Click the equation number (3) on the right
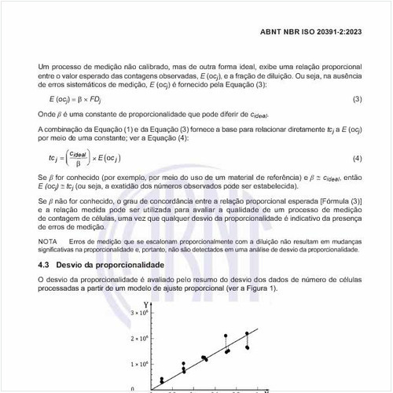pos(356,99)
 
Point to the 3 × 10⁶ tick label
pos(138,314)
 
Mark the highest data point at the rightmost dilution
pos(247,333)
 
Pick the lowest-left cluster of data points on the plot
pos(162,380)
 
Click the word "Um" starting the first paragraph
pos(44,69)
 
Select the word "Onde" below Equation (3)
pos(47,115)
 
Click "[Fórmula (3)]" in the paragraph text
pos(338,202)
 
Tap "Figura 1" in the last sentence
pos(264,288)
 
